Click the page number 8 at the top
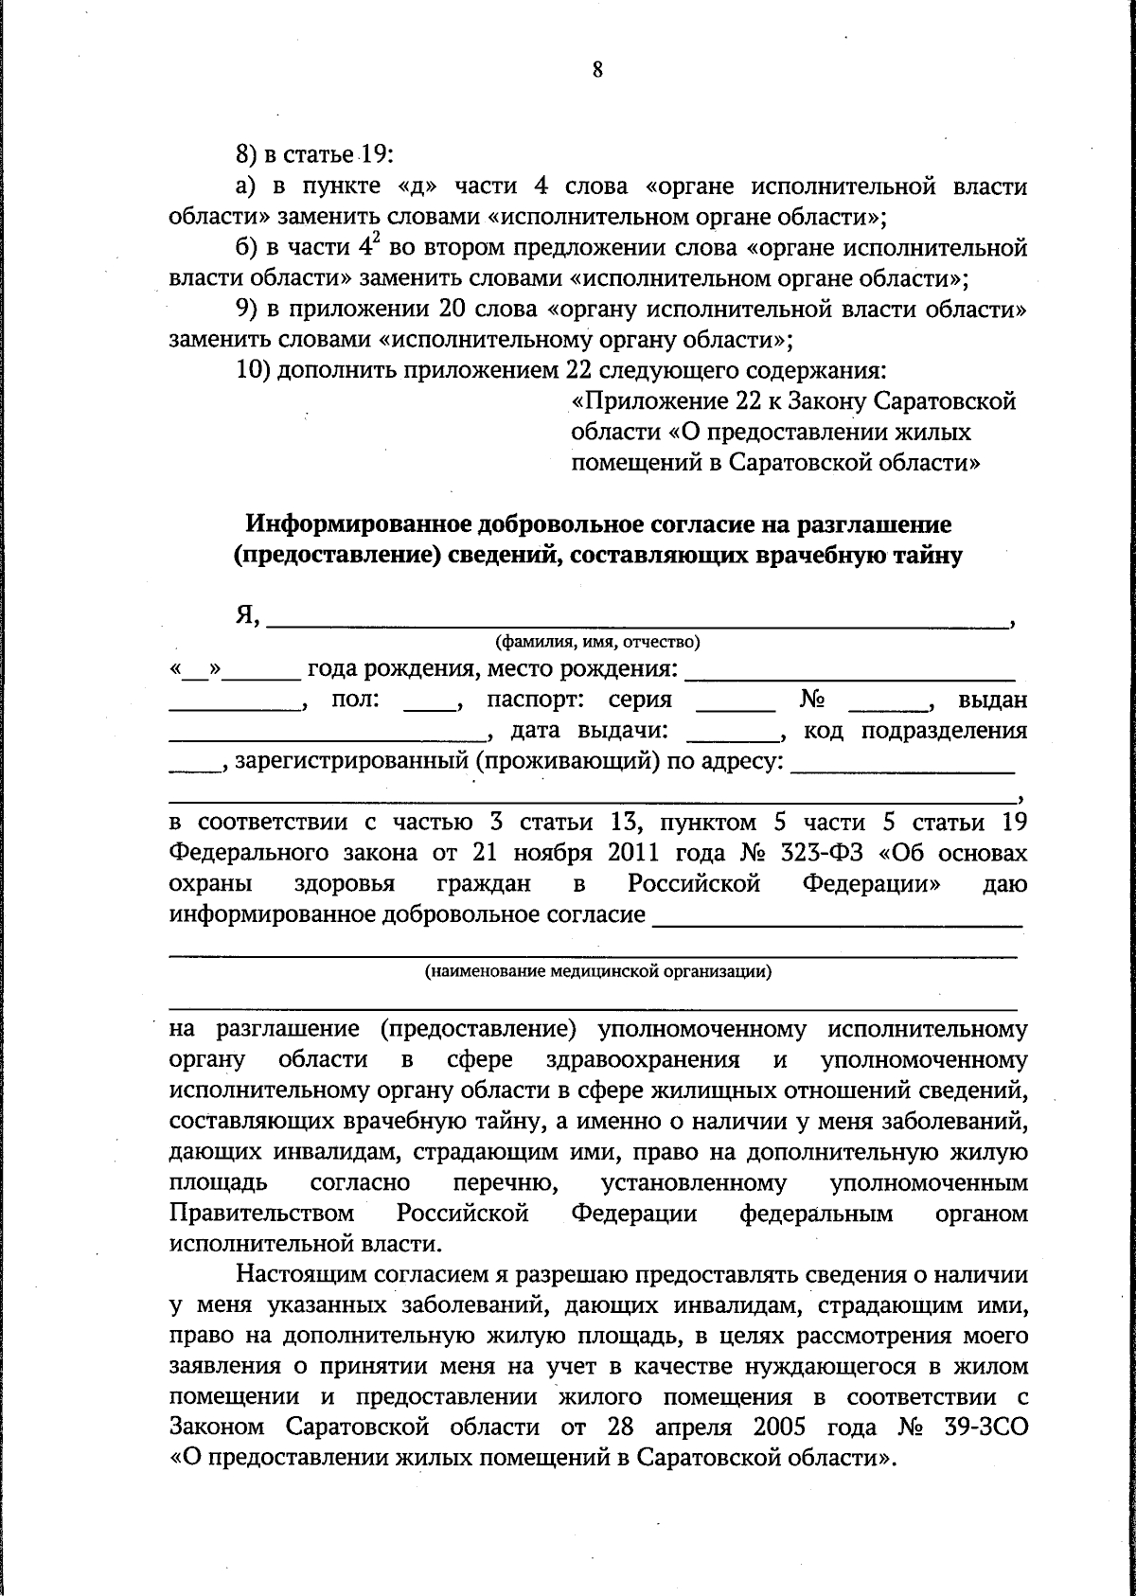(x=597, y=70)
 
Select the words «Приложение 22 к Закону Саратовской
(x=794, y=402)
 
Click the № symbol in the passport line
(x=813, y=700)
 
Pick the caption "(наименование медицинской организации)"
(x=597, y=971)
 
